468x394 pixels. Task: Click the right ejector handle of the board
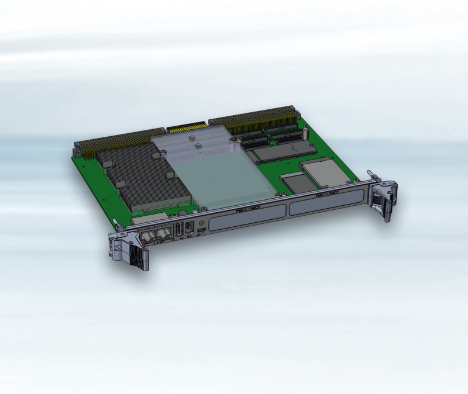click(383, 199)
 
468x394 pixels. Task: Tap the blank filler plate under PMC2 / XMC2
click(249, 218)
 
